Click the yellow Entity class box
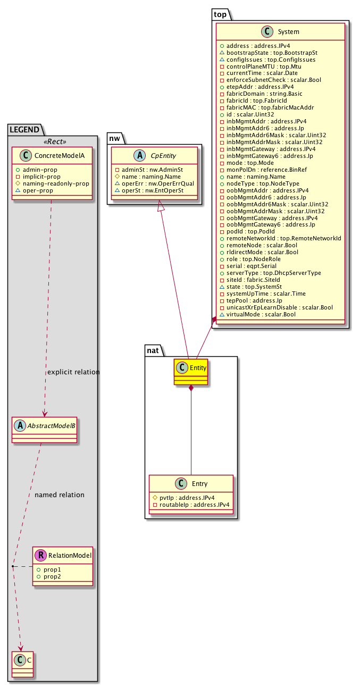(190, 372)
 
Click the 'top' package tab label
(220, 14)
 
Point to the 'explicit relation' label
(73, 372)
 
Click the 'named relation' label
(59, 495)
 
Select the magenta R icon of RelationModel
(40, 556)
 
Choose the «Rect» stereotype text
(52, 128)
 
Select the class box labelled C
(22, 664)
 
